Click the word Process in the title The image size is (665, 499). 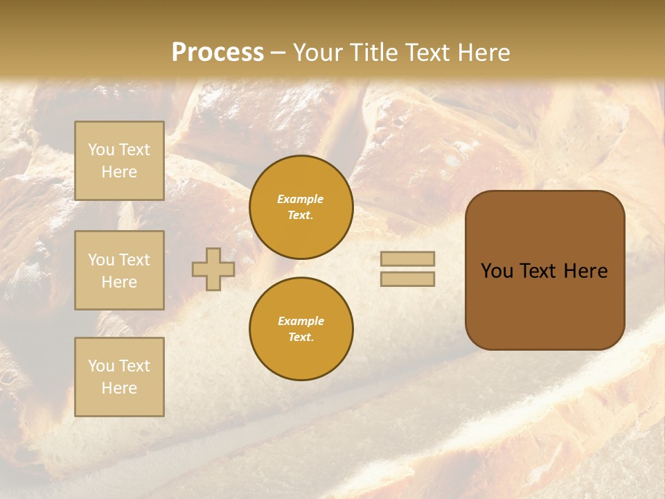pyautogui.click(x=218, y=53)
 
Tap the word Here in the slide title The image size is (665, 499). pyautogui.click(x=483, y=53)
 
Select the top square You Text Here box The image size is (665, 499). pyautogui.click(x=119, y=161)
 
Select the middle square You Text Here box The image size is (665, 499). pyautogui.click(x=119, y=270)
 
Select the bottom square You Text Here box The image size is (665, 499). pyautogui.click(x=119, y=376)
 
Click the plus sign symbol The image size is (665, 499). pyautogui.click(x=213, y=269)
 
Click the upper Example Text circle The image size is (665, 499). pyautogui.click(x=301, y=207)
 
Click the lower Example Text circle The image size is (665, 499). pyautogui.click(x=301, y=329)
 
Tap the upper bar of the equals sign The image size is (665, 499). pyautogui.click(x=407, y=259)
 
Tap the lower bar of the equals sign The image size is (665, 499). pyautogui.click(x=407, y=279)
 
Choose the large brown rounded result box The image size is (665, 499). pyautogui.click(x=544, y=305)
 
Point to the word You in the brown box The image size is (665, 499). pyautogui.click(x=496, y=271)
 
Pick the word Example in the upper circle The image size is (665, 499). pyautogui.click(x=301, y=199)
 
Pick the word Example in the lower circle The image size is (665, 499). pyautogui.click(x=301, y=321)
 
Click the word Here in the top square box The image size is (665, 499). pyautogui.click(x=119, y=172)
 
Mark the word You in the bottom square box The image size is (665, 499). pyautogui.click(x=101, y=366)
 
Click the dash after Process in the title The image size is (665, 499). pyautogui.click(x=278, y=53)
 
